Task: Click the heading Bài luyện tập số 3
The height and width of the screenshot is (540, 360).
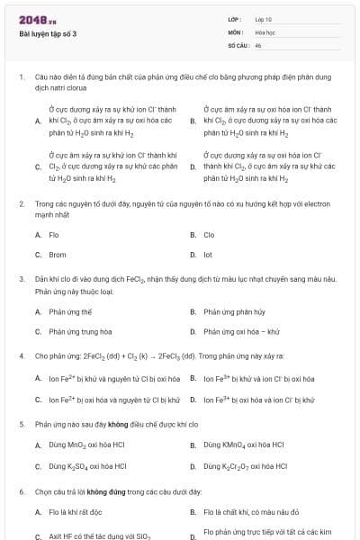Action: pos(49,33)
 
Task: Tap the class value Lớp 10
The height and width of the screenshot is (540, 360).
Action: pos(264,18)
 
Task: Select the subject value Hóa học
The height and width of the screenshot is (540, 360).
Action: pos(265,31)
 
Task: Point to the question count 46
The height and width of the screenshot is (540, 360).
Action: pos(258,44)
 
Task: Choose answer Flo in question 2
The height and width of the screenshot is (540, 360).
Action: pos(54,235)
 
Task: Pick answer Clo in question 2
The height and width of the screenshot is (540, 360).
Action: pos(209,235)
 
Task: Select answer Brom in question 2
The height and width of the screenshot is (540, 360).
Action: pos(57,255)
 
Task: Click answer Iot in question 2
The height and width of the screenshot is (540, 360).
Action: pos(208,255)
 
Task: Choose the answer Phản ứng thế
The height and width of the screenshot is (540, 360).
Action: pos(70,311)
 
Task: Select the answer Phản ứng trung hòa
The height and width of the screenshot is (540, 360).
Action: pos(80,331)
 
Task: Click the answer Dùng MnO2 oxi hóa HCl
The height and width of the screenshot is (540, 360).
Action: pos(88,445)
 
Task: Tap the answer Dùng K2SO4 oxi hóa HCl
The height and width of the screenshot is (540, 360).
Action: pos(87,466)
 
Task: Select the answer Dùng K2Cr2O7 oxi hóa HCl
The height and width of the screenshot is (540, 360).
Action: pos(246,466)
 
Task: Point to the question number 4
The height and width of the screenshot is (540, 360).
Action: pos(21,355)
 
